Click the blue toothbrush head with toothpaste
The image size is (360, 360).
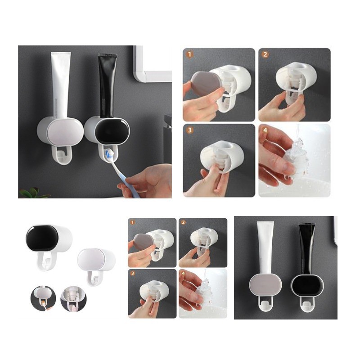[109, 153]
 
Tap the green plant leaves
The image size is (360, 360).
[32, 193]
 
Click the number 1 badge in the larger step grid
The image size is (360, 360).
[189, 54]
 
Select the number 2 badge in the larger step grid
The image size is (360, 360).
[265, 54]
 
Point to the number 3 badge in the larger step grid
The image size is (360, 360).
[189, 130]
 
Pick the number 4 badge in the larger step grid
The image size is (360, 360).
[265, 130]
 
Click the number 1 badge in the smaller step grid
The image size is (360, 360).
[132, 222]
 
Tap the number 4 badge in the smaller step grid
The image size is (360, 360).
[183, 273]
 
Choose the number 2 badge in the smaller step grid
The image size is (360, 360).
[183, 222]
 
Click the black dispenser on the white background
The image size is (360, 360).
[49, 244]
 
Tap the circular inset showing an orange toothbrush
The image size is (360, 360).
[43, 298]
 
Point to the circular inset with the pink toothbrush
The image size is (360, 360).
[73, 298]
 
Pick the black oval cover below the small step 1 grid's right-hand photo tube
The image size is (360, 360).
[307, 286]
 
